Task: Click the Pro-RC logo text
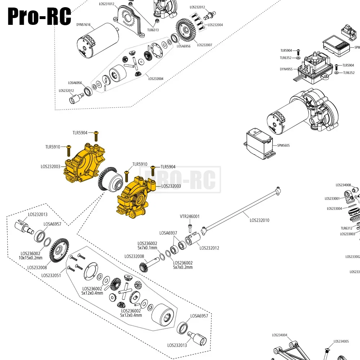pyautogui.click(x=39, y=16)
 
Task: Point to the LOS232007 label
pyautogui.click(x=204, y=45)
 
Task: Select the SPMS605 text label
pyautogui.click(x=283, y=145)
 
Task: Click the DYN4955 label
pyautogui.click(x=287, y=69)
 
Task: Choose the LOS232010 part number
pyautogui.click(x=260, y=220)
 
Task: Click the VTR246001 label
pyautogui.click(x=189, y=217)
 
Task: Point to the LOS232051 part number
pyautogui.click(x=51, y=275)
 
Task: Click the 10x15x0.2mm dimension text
pyautogui.click(x=30, y=258)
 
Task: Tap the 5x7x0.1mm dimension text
pyautogui.click(x=147, y=248)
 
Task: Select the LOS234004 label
pyautogui.click(x=280, y=335)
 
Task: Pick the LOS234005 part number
pyautogui.click(x=341, y=341)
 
